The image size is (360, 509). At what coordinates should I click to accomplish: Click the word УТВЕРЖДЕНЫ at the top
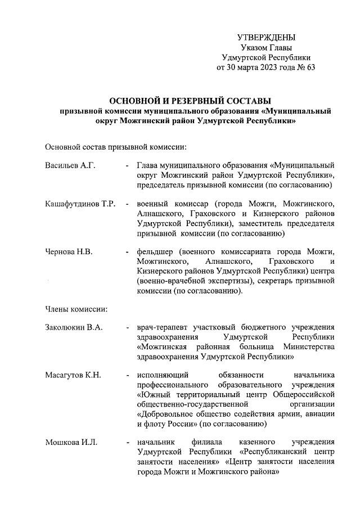265,37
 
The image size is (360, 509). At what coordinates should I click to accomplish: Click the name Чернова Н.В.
69,251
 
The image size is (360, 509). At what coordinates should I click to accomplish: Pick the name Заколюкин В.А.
73,328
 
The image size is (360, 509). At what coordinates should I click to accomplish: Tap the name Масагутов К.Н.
73,376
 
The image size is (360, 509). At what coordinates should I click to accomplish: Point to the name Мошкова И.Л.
71,443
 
